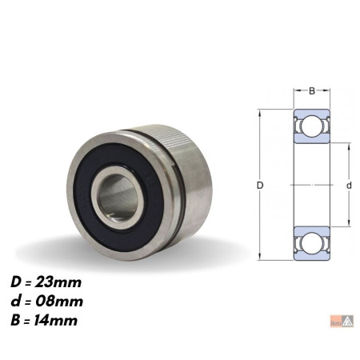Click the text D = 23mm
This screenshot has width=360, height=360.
(x=46, y=282)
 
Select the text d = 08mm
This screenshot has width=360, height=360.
(x=47, y=302)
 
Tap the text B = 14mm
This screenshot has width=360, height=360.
(x=44, y=320)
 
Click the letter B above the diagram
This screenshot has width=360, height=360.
(x=312, y=91)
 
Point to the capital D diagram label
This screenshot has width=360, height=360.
(x=260, y=185)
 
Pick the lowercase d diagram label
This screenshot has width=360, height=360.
(x=349, y=185)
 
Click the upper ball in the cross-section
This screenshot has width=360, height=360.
(x=312, y=126)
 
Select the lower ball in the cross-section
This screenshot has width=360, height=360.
(x=312, y=243)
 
